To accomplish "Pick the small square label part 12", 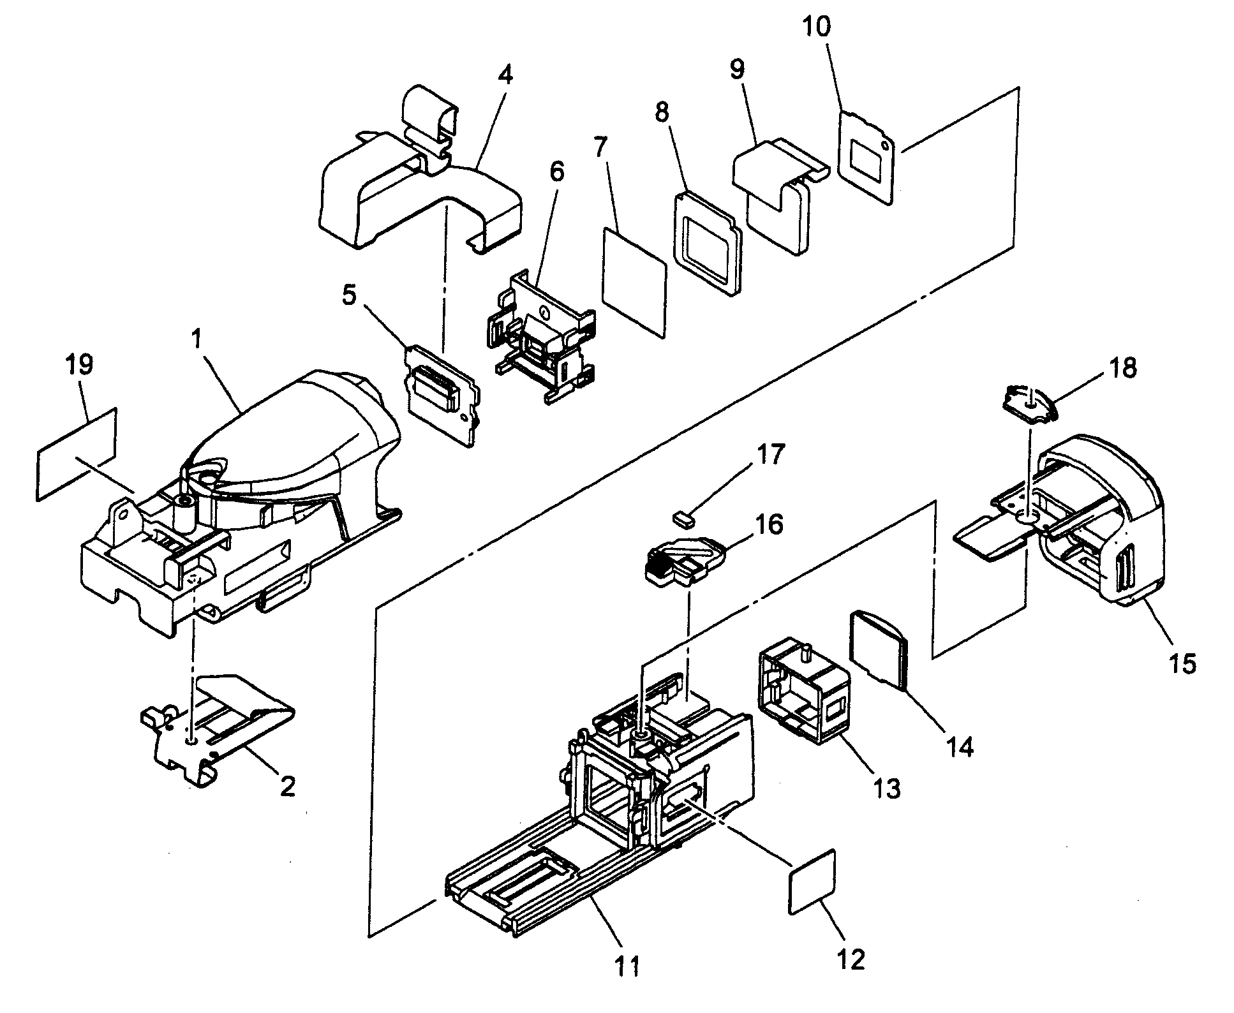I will point(812,884).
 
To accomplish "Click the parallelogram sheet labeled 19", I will point(77,454).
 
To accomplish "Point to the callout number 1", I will point(198,339).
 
